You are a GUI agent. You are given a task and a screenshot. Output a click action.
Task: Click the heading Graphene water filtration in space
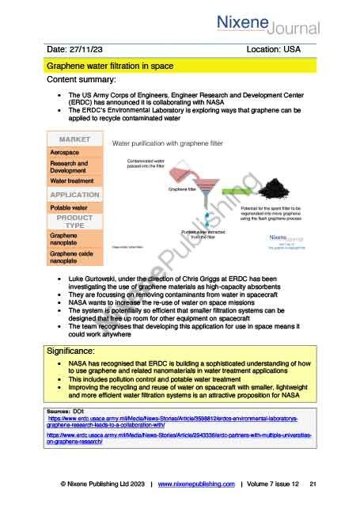[110, 66]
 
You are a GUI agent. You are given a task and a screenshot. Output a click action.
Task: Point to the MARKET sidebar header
[74, 139]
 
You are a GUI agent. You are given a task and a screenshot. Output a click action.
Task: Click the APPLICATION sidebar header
[74, 194]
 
